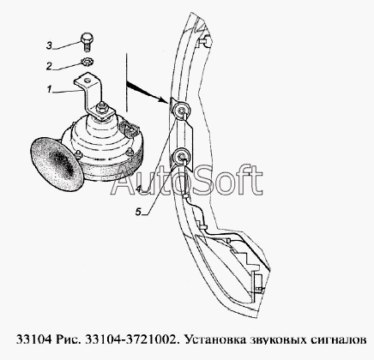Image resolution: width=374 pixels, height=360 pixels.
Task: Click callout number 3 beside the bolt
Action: (x=49, y=45)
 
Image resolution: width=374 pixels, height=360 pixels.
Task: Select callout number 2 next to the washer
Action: (x=49, y=66)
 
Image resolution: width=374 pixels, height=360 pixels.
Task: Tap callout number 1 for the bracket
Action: (x=49, y=90)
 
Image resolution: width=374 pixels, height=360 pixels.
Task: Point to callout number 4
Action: (x=138, y=189)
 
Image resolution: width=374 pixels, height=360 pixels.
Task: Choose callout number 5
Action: (x=138, y=212)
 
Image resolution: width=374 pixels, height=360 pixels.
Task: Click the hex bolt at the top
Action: (x=87, y=42)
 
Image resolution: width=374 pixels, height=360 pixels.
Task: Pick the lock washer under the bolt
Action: (x=87, y=62)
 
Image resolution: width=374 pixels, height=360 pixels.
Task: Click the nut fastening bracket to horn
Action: (x=101, y=109)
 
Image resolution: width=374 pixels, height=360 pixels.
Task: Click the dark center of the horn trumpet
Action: (x=63, y=164)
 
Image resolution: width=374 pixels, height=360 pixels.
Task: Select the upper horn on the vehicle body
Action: (x=181, y=110)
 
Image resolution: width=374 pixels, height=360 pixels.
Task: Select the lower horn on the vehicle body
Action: (x=181, y=156)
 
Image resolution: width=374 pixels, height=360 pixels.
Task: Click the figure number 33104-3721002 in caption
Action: (x=131, y=340)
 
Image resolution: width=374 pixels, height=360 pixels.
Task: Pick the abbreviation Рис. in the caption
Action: (x=69, y=340)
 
